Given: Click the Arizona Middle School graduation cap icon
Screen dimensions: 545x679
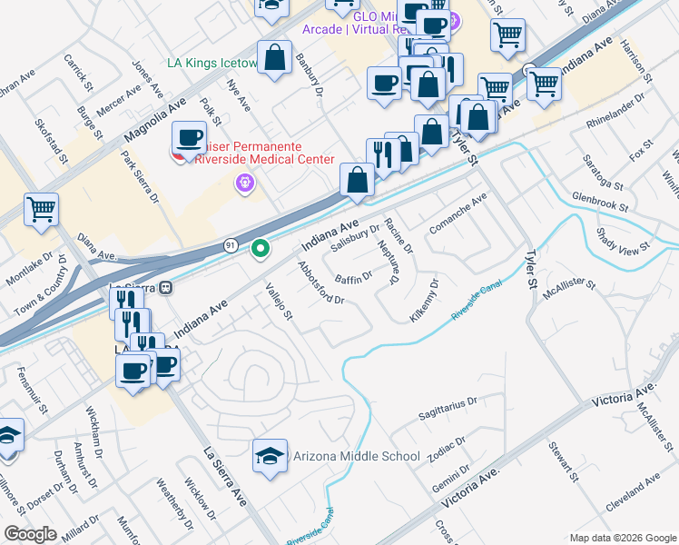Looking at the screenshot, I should pyautogui.click(x=270, y=457).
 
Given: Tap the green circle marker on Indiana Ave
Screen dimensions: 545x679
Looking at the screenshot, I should pyautogui.click(x=261, y=247).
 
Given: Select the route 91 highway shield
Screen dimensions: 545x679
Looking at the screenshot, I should pyautogui.click(x=231, y=245).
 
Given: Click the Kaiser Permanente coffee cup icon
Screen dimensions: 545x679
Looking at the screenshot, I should pyautogui.click(x=189, y=139).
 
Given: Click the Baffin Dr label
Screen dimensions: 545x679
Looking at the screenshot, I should pyautogui.click(x=354, y=275).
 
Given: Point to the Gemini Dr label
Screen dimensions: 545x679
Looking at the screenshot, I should pyautogui.click(x=451, y=476).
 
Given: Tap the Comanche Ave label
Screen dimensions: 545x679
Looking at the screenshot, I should pyautogui.click(x=458, y=213).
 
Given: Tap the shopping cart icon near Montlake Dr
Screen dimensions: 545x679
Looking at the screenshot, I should pyautogui.click(x=42, y=211).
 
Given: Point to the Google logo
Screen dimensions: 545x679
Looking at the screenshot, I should pyautogui.click(x=31, y=534).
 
